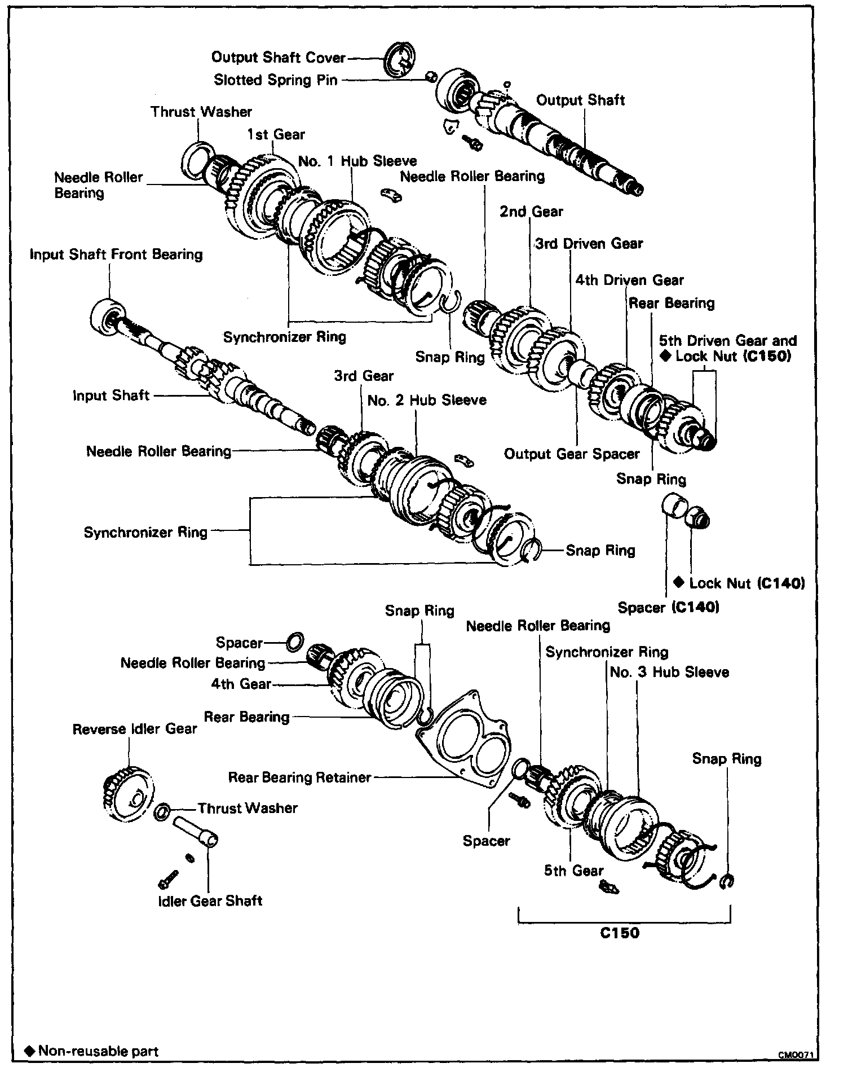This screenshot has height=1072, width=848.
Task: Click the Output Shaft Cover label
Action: tap(278, 58)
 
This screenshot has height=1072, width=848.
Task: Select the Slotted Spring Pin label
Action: tap(275, 80)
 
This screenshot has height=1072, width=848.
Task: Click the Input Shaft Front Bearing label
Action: tap(116, 254)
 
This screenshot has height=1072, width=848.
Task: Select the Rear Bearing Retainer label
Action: tap(299, 777)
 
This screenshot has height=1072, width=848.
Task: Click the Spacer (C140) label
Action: tap(668, 608)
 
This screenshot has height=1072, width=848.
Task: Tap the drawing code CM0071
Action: tap(797, 1055)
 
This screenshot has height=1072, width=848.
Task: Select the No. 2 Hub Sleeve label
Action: tap(426, 400)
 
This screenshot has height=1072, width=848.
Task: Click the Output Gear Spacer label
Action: tap(572, 454)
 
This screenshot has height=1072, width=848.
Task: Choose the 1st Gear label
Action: tap(276, 134)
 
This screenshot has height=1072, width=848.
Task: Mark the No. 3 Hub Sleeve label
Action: tap(669, 672)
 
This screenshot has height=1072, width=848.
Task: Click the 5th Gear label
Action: tap(573, 871)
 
